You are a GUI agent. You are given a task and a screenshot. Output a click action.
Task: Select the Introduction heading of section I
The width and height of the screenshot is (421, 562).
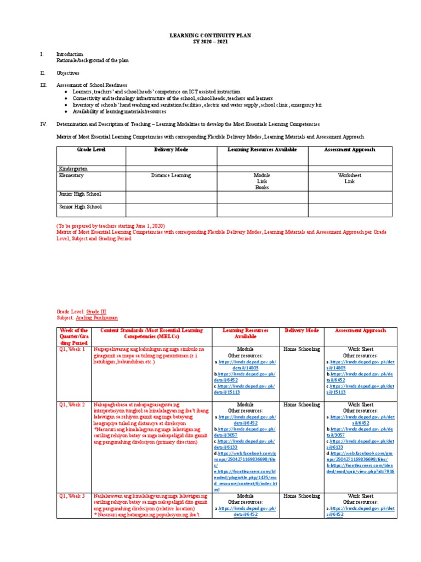pos(70,54)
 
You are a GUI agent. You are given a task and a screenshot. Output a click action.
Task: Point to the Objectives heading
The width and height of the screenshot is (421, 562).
pos(67,72)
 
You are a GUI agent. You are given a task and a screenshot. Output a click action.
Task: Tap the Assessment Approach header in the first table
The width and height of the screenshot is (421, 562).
pos(350,150)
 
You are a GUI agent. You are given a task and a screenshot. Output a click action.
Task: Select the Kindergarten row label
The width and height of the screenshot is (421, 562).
pos(73,169)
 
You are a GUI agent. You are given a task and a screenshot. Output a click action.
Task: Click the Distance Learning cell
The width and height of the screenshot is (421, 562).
pos(171,176)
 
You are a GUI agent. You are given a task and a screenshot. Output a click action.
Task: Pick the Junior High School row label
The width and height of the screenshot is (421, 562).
pos(79,194)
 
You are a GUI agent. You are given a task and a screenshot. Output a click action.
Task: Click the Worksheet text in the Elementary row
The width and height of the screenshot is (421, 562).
pos(350,176)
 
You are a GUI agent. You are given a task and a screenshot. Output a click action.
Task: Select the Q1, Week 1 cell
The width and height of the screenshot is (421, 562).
pos(72,349)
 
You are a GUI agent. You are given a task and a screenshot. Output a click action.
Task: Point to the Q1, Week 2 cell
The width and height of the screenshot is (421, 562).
pos(72,405)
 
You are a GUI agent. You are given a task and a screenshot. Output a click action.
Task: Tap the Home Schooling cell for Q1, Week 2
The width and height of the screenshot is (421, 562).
pos(301,405)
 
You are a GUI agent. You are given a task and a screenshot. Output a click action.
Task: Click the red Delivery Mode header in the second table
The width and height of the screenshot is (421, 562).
pos(301,331)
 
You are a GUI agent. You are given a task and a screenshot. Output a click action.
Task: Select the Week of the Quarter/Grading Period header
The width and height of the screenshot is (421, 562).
pos(75,336)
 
